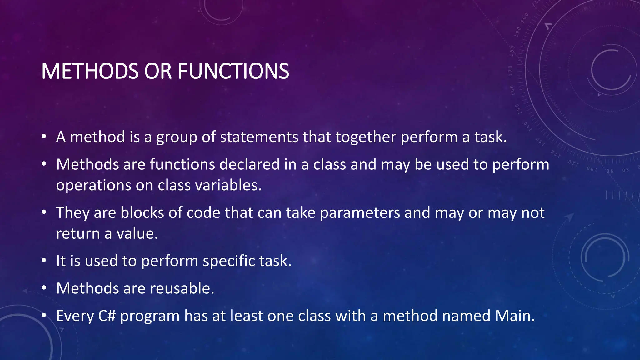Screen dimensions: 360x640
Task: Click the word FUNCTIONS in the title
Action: pos(233,71)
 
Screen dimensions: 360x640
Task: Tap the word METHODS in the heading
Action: pos(90,71)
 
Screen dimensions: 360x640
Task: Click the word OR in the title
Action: pos(158,71)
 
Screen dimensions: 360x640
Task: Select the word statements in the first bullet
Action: pos(259,137)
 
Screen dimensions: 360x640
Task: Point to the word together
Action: pos(366,137)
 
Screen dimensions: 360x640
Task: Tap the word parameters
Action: pos(360,213)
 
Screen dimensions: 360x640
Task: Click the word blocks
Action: pos(142,212)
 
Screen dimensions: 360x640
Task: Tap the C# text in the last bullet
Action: pos(107,316)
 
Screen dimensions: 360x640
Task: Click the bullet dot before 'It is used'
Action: pos(44,261)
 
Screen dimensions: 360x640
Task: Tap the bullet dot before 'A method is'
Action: pos(44,137)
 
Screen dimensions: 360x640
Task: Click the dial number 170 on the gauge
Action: pos(511,71)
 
